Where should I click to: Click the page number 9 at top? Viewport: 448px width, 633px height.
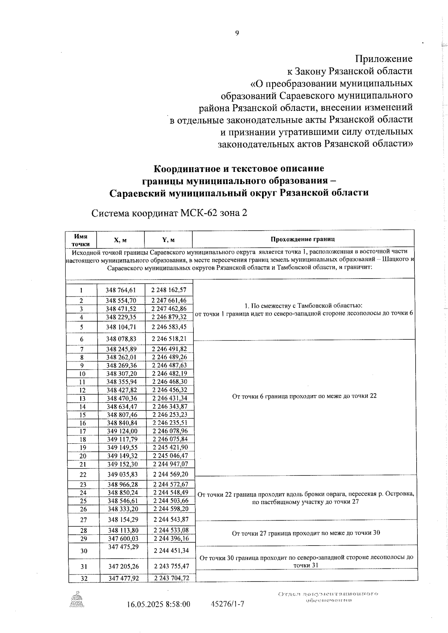pos(237,33)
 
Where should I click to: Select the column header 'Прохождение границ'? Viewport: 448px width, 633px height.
pos(302,239)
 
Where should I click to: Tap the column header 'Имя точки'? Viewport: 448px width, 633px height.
pos(81,240)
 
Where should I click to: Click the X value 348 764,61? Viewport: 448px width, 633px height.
pos(121,290)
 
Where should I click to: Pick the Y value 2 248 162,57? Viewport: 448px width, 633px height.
pos(169,290)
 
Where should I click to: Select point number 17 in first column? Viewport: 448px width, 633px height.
pos(83,431)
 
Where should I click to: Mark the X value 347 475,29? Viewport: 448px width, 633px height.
pos(123,547)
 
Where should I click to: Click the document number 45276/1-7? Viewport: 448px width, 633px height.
pos(228,604)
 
